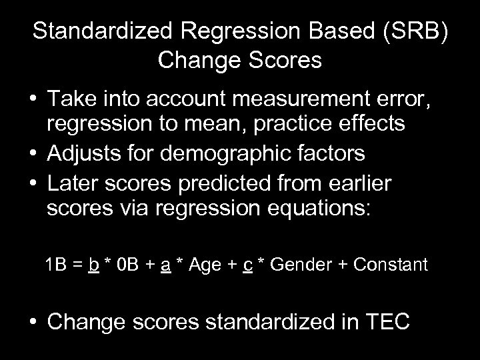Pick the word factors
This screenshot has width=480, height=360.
(331, 154)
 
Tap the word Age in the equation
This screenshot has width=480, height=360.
(205, 265)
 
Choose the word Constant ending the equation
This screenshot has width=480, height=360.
(391, 265)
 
